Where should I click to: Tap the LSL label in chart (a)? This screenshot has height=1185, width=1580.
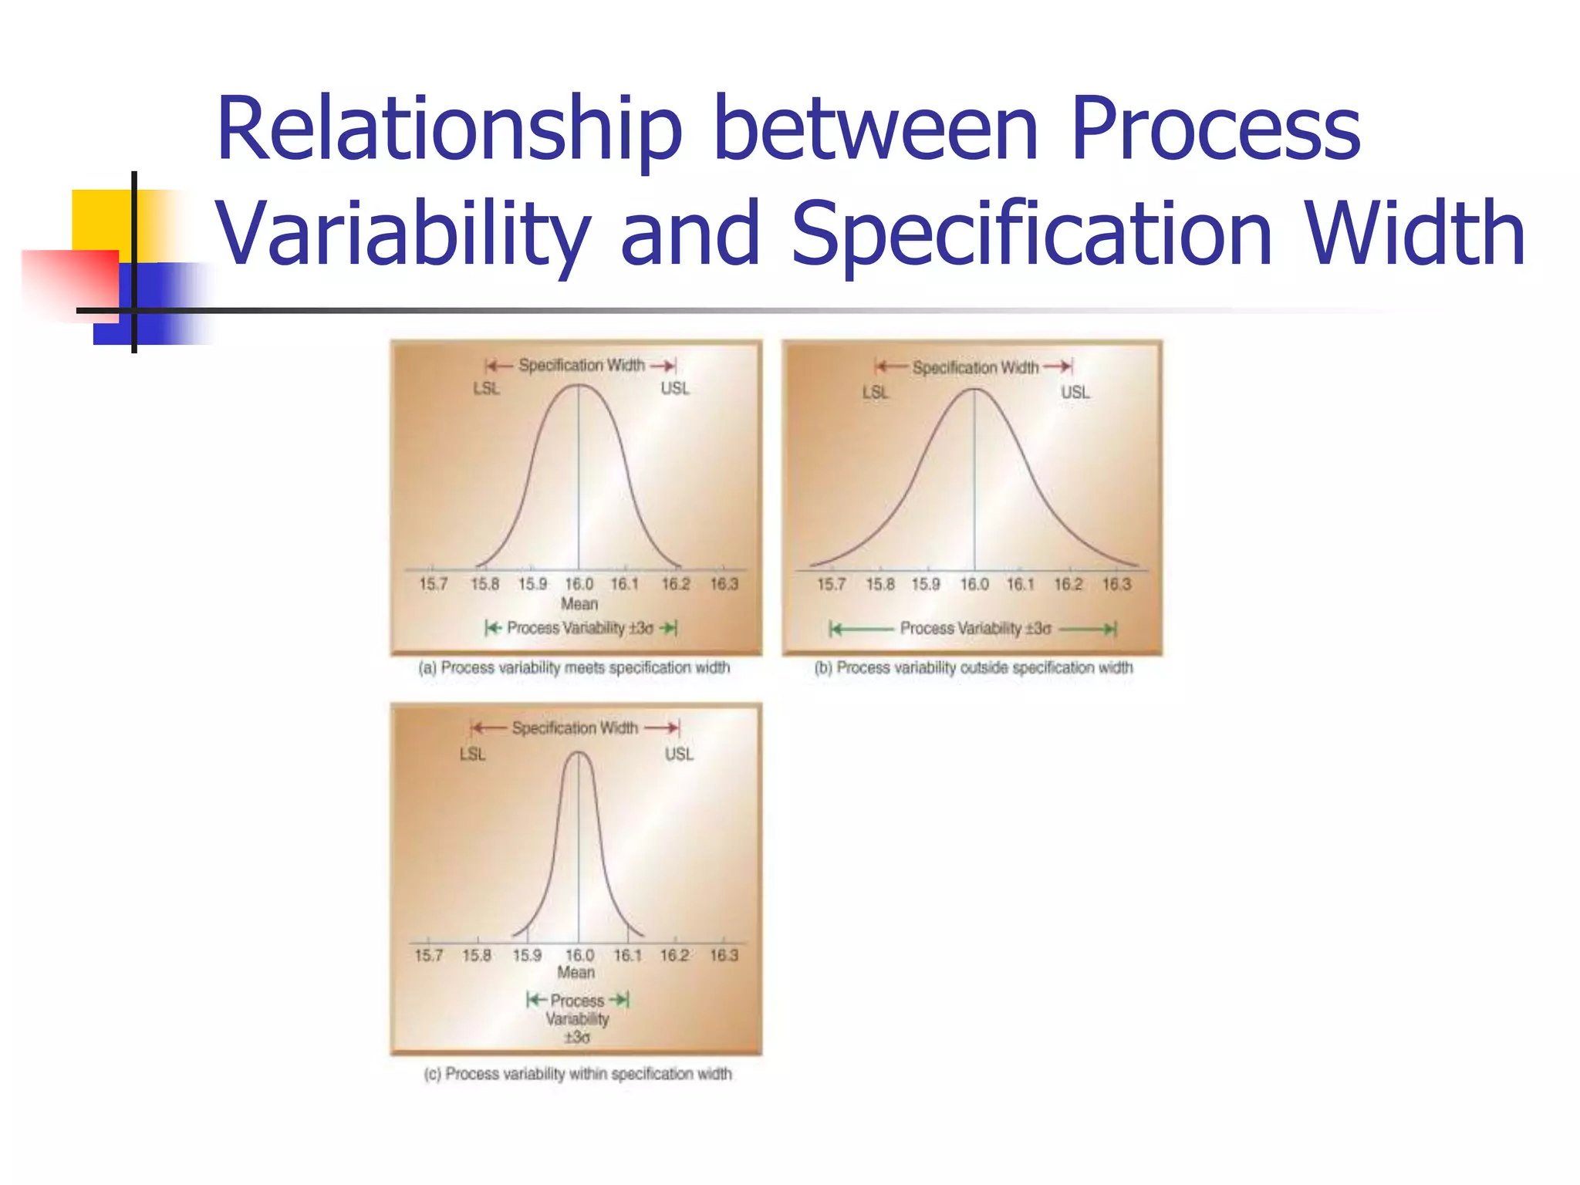tap(486, 389)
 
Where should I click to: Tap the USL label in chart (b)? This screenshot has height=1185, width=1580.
tap(1075, 393)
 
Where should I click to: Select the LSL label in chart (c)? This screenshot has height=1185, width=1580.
tap(472, 755)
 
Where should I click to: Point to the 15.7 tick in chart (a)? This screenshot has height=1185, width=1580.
tap(433, 584)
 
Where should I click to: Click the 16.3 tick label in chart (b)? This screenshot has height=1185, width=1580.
tap(1116, 584)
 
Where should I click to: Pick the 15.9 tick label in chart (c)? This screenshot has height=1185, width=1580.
tap(527, 956)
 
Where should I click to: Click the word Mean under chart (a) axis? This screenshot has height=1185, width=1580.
tap(579, 604)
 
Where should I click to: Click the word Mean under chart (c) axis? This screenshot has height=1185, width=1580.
tap(576, 973)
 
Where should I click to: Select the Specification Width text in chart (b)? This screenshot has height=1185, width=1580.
tap(975, 368)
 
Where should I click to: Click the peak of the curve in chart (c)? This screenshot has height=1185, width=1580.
tap(578, 753)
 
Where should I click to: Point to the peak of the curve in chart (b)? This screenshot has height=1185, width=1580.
tap(974, 390)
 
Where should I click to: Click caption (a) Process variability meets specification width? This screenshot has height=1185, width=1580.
tap(574, 668)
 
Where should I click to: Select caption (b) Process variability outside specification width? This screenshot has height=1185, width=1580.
tap(974, 668)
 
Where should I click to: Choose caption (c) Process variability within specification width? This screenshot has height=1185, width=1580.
tap(578, 1074)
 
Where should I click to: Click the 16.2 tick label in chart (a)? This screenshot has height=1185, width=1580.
tap(675, 584)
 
